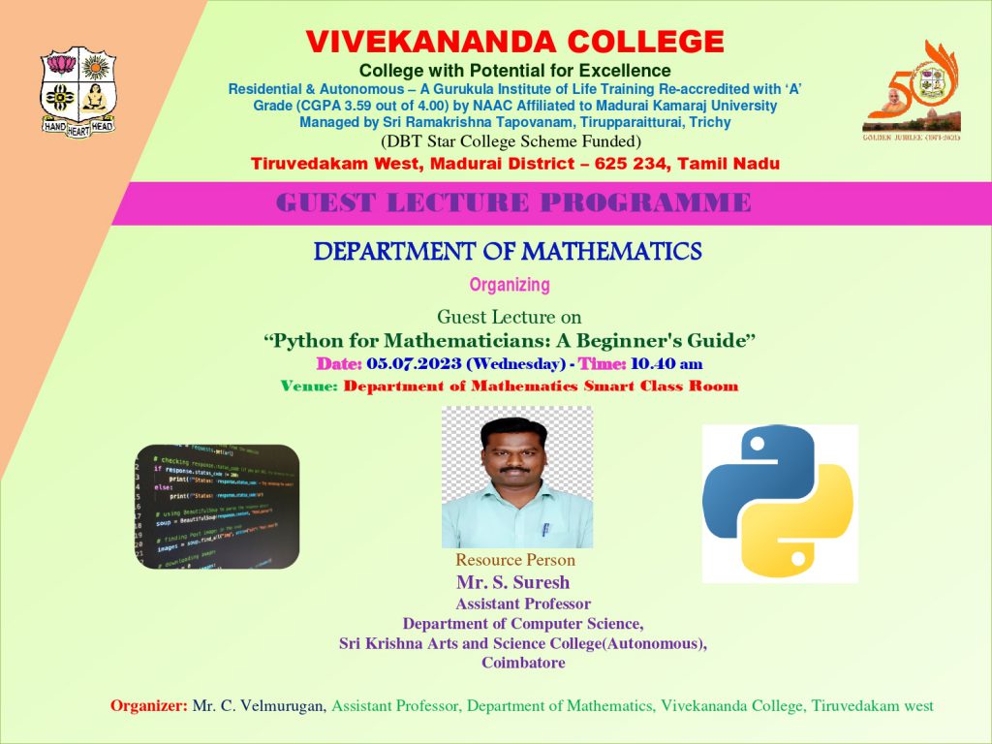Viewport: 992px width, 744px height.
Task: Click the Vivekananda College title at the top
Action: (x=514, y=42)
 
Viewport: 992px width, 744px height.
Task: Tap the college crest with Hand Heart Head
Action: (x=77, y=92)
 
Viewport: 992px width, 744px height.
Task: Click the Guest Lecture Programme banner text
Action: (x=513, y=203)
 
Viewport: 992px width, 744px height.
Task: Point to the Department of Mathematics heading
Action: (x=508, y=252)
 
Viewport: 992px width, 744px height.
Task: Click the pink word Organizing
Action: (x=510, y=285)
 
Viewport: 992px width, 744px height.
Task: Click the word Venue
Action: (x=309, y=386)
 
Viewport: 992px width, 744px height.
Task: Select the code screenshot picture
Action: (x=217, y=506)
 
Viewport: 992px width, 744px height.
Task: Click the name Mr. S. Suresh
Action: (x=513, y=582)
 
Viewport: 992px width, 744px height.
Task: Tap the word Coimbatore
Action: (x=523, y=664)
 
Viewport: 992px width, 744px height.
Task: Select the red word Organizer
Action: (x=149, y=706)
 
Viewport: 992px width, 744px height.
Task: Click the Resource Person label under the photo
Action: (x=515, y=560)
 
